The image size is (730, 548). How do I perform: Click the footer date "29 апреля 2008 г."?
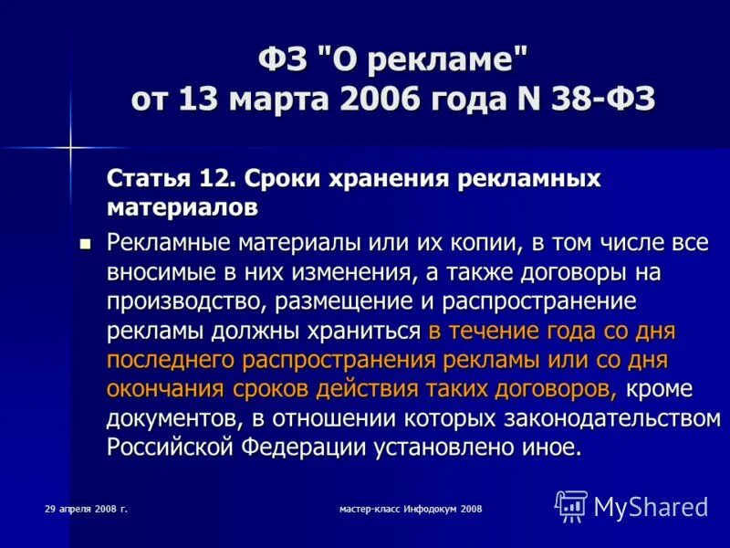pyautogui.click(x=86, y=508)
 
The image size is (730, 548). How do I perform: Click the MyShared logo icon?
pyautogui.click(x=571, y=506)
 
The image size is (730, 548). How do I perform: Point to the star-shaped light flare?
pyautogui.click(x=70, y=146)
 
